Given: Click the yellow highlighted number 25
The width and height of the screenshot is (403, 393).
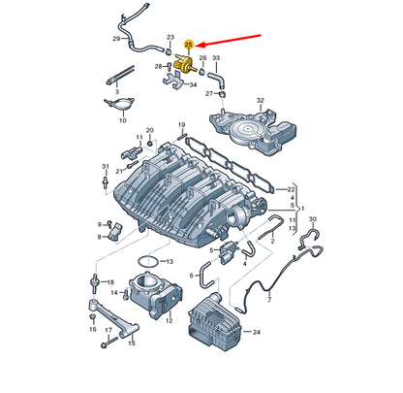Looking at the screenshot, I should click(x=189, y=45).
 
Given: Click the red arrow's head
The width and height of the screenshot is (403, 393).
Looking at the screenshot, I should click(x=201, y=45).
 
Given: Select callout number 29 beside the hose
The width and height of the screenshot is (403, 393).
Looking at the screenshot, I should click(x=117, y=39).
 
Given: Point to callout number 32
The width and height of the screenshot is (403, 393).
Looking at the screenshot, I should click(x=260, y=100).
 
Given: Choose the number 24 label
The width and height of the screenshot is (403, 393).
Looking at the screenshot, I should click(x=257, y=333).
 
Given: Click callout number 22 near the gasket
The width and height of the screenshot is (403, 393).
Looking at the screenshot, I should click(x=278, y=187).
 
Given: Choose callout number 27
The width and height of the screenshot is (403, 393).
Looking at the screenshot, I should click(x=208, y=94).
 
